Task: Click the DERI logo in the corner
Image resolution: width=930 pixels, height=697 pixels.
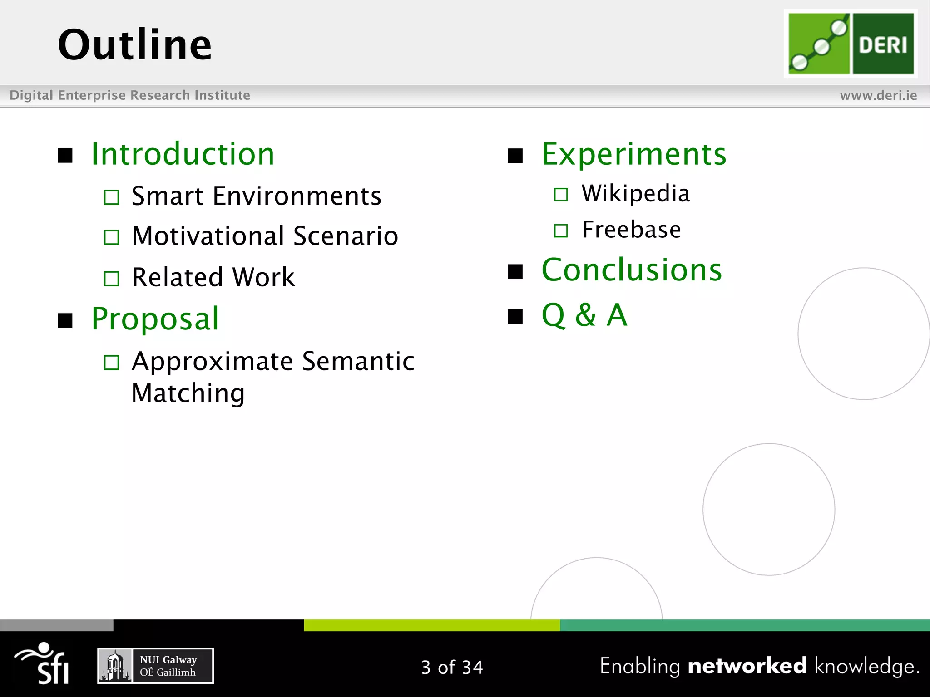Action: point(851,44)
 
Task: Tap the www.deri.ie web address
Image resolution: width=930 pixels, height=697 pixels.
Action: point(878,95)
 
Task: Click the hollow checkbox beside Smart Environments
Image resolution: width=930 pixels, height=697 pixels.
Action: point(111,197)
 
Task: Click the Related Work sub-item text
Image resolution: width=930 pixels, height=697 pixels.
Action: point(213,277)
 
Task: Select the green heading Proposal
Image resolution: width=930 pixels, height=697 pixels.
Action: point(155,319)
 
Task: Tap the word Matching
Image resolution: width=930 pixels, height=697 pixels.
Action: point(188,393)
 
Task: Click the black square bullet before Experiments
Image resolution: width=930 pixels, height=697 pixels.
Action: point(515,156)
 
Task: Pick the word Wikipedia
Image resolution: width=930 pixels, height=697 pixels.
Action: point(636,194)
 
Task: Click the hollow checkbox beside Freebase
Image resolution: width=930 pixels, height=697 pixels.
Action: point(561,231)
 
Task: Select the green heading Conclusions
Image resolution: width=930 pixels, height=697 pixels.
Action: point(632,270)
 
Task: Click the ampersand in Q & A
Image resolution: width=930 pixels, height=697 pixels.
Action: point(585,315)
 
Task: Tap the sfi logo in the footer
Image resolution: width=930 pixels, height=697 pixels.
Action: point(43,663)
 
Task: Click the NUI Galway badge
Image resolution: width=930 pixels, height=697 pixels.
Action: point(155,666)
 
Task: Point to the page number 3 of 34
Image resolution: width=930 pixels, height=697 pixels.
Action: point(452,667)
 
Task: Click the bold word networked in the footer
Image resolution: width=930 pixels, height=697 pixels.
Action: point(747,666)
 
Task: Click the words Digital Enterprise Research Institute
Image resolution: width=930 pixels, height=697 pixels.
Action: point(130,95)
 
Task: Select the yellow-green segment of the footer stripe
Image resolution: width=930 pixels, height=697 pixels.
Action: point(431,625)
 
